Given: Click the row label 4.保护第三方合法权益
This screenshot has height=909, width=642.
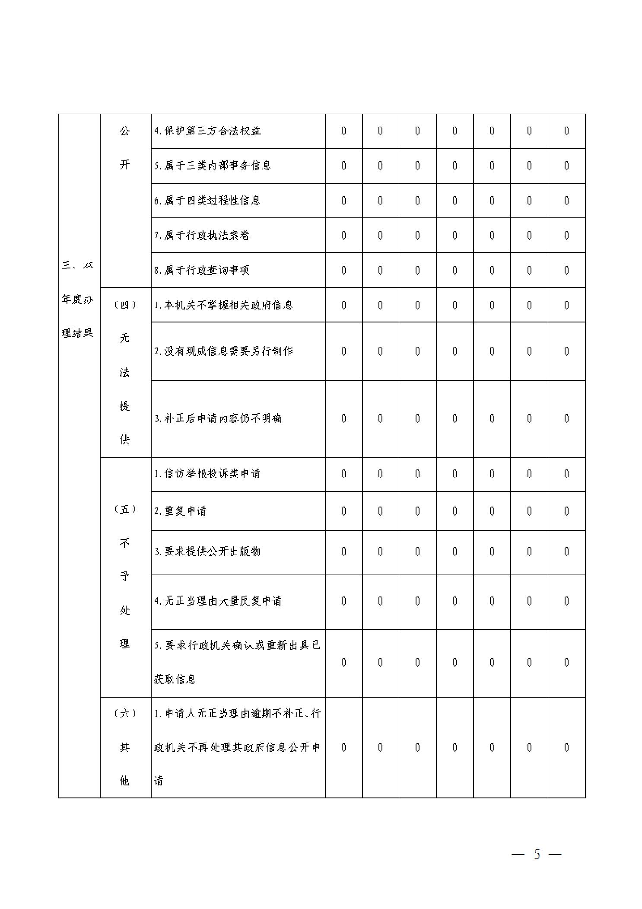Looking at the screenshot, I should pyautogui.click(x=208, y=131).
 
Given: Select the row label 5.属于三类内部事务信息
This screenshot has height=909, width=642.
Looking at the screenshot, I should pyautogui.click(x=213, y=166).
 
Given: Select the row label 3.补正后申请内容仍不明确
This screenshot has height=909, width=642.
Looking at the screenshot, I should pyautogui.click(x=218, y=418).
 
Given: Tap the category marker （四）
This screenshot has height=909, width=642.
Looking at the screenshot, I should pyautogui.click(x=125, y=305).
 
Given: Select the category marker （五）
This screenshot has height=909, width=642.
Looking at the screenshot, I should pyautogui.click(x=125, y=509).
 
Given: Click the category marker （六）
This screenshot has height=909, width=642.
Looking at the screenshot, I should pyautogui.click(x=125, y=713).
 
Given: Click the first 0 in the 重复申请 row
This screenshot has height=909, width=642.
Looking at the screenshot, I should pyautogui.click(x=343, y=511).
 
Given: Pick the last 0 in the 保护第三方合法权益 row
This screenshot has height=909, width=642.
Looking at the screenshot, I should pyautogui.click(x=566, y=131).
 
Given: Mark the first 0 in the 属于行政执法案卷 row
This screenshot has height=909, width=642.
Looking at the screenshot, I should pyautogui.click(x=343, y=235).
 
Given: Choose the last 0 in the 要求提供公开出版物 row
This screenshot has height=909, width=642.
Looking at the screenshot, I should pyautogui.click(x=566, y=552).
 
